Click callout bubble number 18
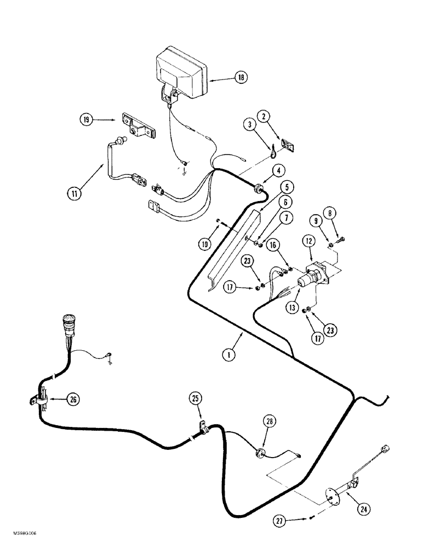[240, 79]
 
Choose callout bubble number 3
[250, 125]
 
